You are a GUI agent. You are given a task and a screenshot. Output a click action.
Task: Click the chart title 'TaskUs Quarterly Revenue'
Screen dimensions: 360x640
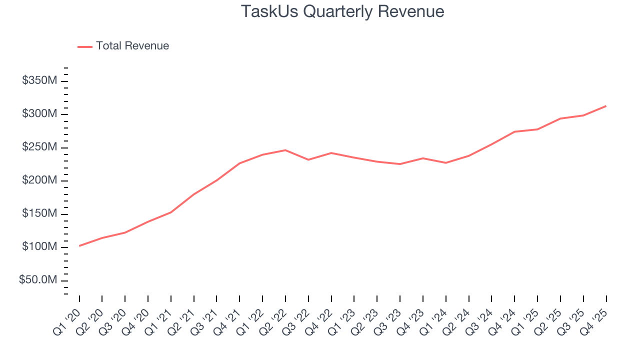click(x=342, y=11)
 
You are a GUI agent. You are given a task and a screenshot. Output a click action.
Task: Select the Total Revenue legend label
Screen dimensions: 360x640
click(x=132, y=46)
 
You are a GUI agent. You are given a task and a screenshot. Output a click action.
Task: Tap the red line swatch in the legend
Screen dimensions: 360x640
click(x=85, y=46)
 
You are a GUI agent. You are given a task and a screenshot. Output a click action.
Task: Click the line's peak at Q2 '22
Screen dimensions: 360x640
click(x=285, y=150)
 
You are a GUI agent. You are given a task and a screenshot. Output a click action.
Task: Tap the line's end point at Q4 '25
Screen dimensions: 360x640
click(x=606, y=106)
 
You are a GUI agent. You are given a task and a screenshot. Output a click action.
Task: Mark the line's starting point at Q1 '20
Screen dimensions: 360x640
click(x=79, y=245)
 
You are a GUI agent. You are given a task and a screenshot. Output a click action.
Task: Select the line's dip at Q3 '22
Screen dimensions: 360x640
click(x=308, y=159)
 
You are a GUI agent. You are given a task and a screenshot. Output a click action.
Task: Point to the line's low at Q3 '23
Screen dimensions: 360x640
click(x=400, y=164)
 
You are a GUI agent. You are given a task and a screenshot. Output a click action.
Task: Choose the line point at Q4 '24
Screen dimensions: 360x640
click(x=514, y=131)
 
